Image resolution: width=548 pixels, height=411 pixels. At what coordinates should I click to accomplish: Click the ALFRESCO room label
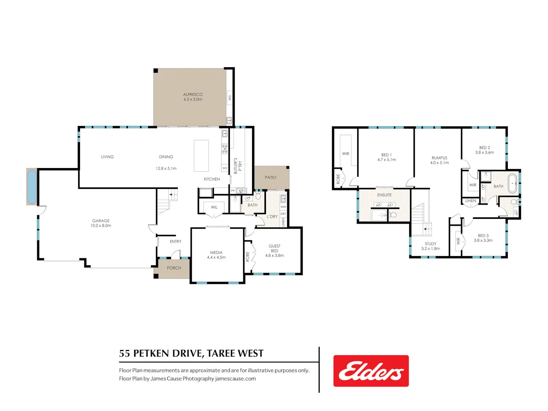[193, 94]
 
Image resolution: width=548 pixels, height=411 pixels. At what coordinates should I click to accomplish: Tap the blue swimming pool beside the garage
[32, 187]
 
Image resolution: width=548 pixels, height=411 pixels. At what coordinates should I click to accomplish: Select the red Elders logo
[371, 370]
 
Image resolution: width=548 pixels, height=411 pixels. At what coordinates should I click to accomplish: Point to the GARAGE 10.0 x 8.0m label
[100, 223]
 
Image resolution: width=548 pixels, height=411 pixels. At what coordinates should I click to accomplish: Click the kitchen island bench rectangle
[201, 156]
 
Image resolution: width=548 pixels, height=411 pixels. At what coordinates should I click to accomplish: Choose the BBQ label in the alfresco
[230, 98]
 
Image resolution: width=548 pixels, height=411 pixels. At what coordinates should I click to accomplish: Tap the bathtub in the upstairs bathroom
[512, 183]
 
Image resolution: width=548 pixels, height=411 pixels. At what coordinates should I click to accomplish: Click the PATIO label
[270, 178]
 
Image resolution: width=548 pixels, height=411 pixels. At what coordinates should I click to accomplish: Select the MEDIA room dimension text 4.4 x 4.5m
[216, 257]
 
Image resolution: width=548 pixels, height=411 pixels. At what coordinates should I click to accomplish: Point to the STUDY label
[430, 244]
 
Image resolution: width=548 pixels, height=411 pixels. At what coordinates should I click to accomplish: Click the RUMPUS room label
[439, 158]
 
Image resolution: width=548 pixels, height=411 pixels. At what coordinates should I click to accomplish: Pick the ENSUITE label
[384, 195]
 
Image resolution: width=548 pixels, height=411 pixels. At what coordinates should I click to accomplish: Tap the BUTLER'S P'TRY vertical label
[238, 166]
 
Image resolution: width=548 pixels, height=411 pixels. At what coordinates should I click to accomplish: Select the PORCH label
[174, 268]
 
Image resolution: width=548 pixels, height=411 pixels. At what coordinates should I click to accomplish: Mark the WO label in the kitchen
[225, 168]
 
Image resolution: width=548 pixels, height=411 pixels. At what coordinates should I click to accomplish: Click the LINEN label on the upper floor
[470, 201]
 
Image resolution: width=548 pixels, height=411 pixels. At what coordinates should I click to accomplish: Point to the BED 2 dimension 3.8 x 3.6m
[484, 152]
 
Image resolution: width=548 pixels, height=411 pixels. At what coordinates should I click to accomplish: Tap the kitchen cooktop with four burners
[225, 148]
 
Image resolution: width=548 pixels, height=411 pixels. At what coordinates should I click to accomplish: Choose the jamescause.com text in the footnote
[235, 378]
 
